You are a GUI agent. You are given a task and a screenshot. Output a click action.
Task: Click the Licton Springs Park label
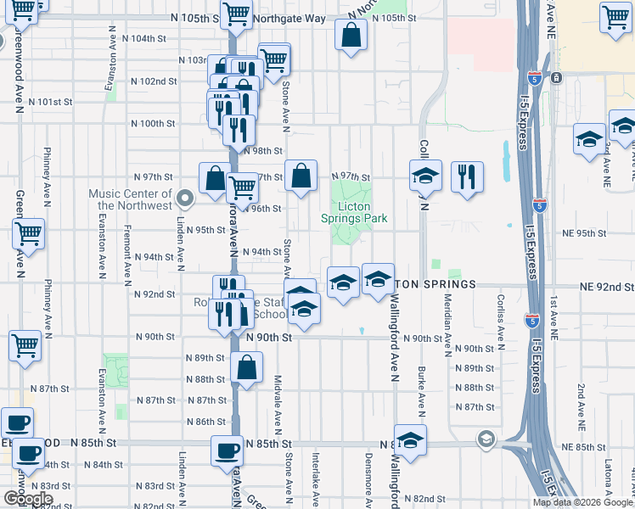coord(362,212)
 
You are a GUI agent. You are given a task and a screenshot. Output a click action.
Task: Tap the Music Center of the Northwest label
coord(134,199)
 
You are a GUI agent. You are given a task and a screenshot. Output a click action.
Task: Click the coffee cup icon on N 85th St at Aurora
coord(227,450)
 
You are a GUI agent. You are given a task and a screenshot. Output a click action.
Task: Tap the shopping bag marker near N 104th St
coord(351,36)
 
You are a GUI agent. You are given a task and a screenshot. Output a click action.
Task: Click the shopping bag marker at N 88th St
coord(246,369)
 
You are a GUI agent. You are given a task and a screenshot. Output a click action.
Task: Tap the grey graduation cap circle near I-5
coord(486,439)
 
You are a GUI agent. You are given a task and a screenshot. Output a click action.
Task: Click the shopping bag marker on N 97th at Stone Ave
coord(301,177)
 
